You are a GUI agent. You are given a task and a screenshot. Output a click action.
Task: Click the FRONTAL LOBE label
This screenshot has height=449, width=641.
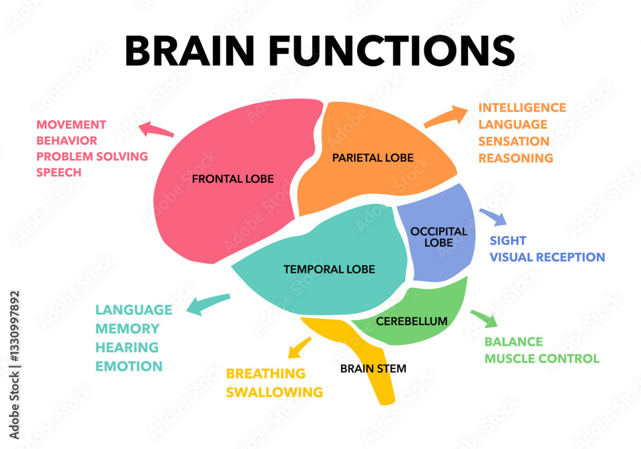pos(233,179)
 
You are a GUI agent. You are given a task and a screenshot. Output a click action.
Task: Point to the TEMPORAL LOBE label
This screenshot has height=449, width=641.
pos(329,269)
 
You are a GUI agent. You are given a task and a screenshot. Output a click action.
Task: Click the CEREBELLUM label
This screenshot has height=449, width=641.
pos(412,321)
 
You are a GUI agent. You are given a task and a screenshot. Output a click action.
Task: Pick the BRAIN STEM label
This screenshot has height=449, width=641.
pos(373,369)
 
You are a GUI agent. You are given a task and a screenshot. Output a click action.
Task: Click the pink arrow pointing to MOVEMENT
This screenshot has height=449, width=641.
pos(156,130)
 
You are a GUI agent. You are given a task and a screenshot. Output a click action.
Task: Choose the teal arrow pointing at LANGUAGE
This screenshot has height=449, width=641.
pos(206,304)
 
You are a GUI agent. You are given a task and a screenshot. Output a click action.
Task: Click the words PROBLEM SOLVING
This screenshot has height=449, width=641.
pos(92,156)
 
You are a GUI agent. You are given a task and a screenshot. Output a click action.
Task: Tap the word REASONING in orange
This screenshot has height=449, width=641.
pos(515,158)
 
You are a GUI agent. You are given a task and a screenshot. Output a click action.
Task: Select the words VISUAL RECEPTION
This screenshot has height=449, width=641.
pos(547,257)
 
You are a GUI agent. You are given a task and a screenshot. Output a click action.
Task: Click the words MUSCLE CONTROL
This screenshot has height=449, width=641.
pos(542,359)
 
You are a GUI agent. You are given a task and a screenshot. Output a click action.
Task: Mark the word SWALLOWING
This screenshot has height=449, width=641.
pos(274,392)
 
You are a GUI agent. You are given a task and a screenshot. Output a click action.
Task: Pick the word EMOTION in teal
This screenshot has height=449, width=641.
pos(129,366)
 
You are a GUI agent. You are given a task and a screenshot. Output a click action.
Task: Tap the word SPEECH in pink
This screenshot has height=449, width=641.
pos(59,173)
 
